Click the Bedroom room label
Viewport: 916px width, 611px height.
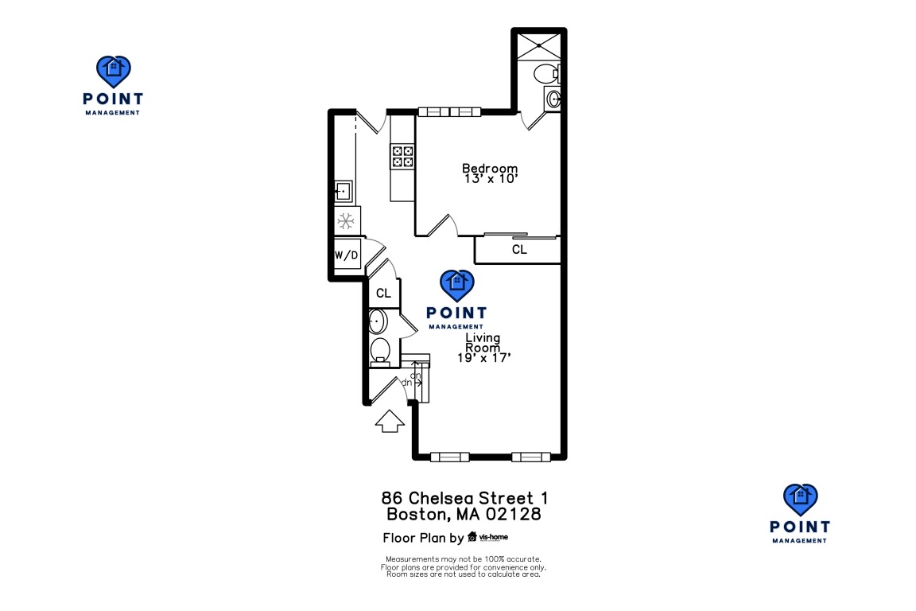pos(490,169)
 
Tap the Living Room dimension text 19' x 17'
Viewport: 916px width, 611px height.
pos(483,359)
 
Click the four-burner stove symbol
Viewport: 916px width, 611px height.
pos(402,156)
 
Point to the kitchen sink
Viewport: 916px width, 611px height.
pos(343,191)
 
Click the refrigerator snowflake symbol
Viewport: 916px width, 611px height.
pos(346,220)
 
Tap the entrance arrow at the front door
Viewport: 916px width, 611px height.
pos(389,422)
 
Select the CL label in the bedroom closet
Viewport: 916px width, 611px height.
pos(518,250)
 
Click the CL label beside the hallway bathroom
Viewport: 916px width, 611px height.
pos(383,294)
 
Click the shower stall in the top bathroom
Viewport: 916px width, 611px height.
pos(538,45)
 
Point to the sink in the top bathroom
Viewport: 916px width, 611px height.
pos(553,99)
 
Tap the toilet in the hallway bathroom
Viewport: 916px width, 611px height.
pos(381,350)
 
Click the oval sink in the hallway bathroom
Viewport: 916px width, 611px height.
pos(378,321)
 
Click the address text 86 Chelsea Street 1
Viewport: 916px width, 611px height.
pos(464,498)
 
